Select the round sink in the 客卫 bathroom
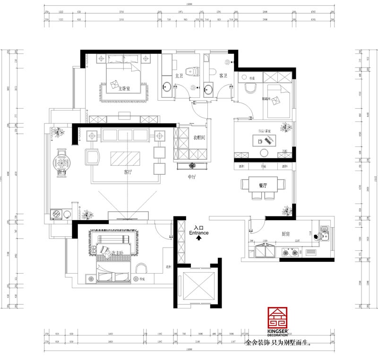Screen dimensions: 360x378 tap(208, 87)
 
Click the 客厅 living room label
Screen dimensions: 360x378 tap(128, 172)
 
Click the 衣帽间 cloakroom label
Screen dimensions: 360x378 tap(199, 137)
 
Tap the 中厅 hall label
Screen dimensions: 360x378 tap(192, 177)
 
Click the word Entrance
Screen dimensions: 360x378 tap(199, 233)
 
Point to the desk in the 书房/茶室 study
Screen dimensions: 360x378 tap(261, 140)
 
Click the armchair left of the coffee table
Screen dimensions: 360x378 tap(92, 157)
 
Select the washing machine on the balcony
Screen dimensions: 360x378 tap(56, 214)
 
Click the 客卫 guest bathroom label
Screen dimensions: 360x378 tap(223, 76)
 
